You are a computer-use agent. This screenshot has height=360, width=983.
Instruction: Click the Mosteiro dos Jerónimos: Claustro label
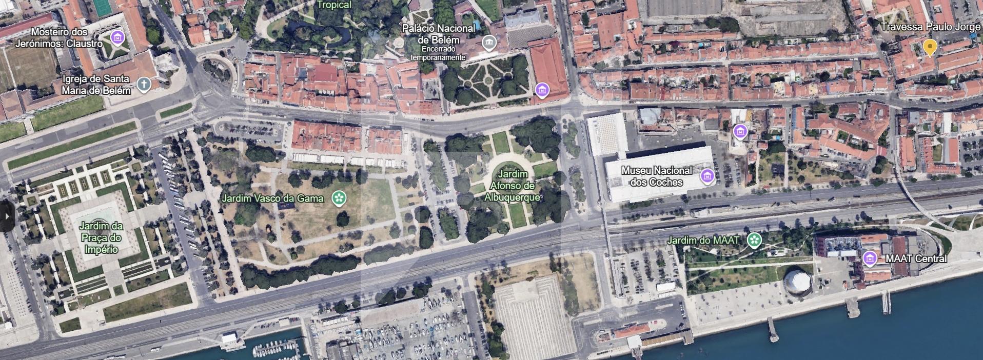(59, 38)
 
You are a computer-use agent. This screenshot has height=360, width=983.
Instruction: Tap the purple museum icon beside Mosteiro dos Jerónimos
(118, 37)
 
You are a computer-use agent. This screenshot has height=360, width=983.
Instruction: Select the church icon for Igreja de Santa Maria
(144, 84)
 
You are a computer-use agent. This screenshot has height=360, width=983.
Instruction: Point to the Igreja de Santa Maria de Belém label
(96, 85)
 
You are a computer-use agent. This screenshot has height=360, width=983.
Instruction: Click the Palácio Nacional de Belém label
(438, 34)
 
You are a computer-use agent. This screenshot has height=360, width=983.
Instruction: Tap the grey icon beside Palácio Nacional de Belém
(489, 43)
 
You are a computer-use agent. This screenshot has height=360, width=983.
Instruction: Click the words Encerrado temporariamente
(438, 53)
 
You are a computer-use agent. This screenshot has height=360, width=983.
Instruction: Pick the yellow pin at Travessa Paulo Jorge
(930, 48)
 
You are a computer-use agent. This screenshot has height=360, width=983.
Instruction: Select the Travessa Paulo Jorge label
(930, 27)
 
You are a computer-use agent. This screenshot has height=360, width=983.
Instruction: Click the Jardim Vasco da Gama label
(272, 198)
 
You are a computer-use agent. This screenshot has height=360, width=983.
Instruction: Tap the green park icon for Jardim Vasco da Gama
(338, 197)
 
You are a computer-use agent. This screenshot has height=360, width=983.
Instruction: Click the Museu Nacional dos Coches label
(656, 176)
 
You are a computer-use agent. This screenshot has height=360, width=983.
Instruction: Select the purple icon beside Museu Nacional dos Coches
(707, 176)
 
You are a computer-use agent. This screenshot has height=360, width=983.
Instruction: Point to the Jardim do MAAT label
(703, 240)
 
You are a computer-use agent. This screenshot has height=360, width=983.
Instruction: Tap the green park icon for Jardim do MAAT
(754, 239)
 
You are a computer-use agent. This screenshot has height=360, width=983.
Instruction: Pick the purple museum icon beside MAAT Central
(870, 258)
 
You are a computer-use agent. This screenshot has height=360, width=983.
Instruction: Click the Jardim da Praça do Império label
(101, 237)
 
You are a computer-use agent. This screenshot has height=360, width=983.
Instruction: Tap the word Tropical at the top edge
(334, 5)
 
